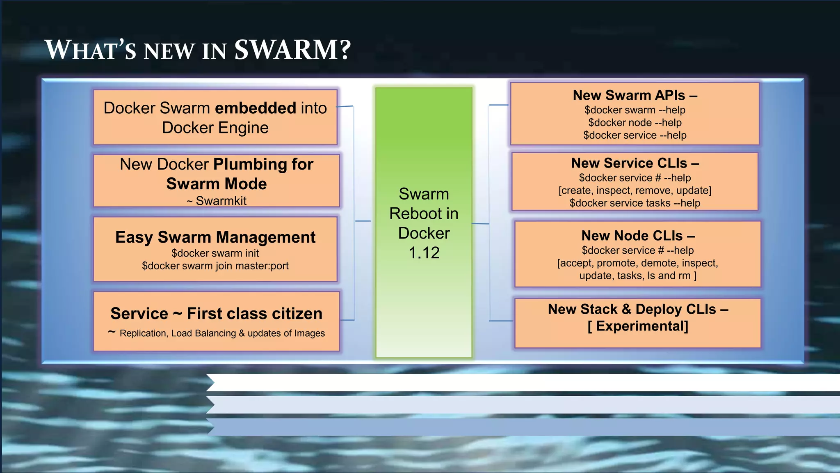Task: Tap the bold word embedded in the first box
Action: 256,108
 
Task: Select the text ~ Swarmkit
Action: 217,201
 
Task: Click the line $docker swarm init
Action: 215,253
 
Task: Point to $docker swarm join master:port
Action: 215,266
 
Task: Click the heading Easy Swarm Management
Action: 215,237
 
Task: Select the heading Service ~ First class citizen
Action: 216,313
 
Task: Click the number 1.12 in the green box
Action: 424,253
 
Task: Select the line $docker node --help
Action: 635,122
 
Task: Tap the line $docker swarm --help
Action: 635,110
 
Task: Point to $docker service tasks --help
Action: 635,203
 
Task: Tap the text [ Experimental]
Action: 637,326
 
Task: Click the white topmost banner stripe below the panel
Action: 521,382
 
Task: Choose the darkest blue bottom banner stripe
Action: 521,427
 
